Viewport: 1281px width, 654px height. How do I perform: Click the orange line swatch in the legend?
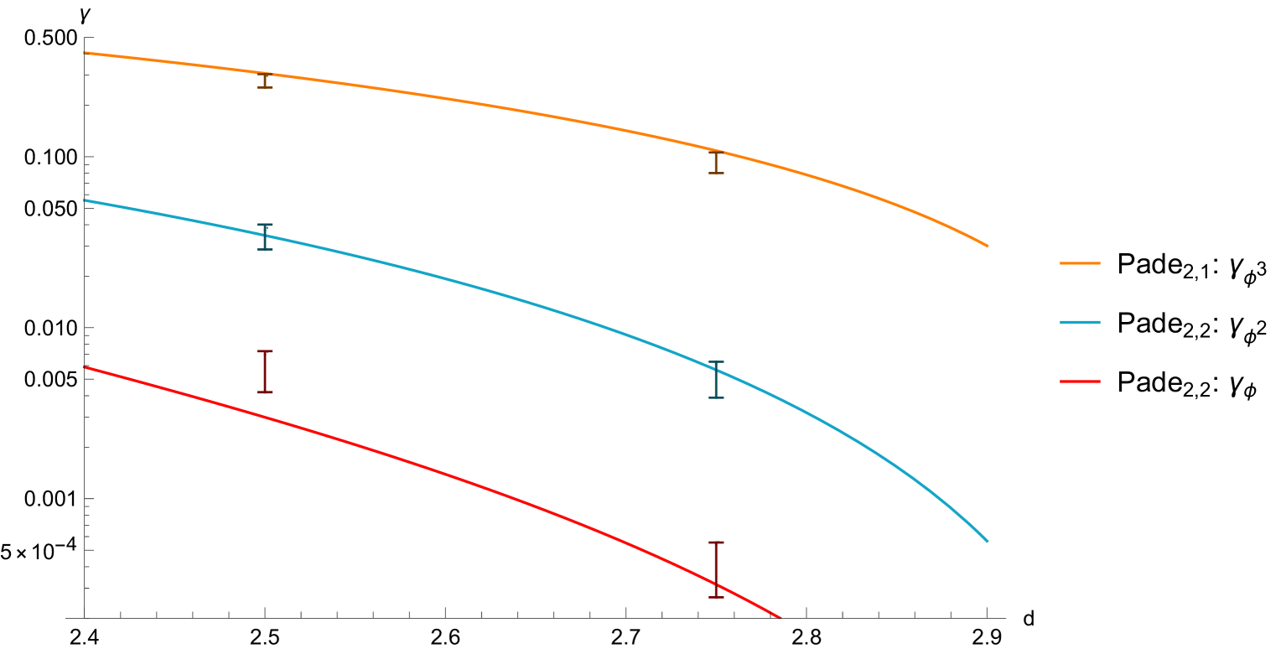[1079, 263]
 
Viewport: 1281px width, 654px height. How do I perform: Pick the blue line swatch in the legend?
[1079, 322]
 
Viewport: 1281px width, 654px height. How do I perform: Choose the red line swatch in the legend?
[1079, 381]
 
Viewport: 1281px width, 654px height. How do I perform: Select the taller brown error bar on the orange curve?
[716, 163]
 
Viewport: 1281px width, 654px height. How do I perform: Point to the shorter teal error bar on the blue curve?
[265, 236]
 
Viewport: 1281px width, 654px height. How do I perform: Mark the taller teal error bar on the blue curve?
[716, 380]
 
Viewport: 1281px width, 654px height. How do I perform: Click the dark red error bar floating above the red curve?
[265, 371]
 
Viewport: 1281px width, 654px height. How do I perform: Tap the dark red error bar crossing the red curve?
[716, 569]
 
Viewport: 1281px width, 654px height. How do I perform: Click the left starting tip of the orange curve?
[86, 53]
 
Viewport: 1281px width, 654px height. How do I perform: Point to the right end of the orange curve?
[987, 246]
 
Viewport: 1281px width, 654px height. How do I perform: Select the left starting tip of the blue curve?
[86, 200]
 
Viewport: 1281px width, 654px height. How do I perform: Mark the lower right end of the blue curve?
[987, 541]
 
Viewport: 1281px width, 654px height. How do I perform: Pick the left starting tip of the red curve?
[86, 367]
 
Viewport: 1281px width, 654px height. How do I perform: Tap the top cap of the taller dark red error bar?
[716, 542]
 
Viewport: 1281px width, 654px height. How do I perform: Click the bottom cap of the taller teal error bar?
[716, 397]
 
